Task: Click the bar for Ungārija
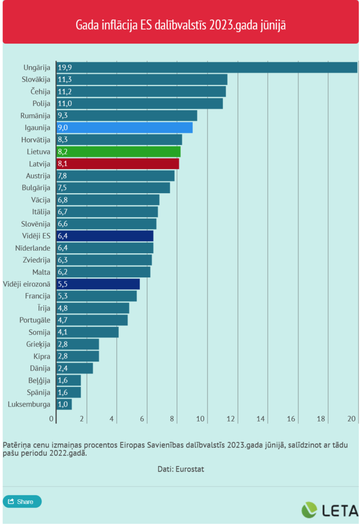207,67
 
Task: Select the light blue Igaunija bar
124,128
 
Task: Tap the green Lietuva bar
118,152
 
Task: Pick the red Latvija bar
117,164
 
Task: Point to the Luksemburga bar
64,405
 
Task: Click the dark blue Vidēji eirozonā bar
97,284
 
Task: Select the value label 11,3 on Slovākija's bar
65,79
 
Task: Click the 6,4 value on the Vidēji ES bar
63,236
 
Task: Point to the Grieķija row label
38,344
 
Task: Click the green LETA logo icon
309,510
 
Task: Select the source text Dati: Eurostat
181,469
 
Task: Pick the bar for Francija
96,296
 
